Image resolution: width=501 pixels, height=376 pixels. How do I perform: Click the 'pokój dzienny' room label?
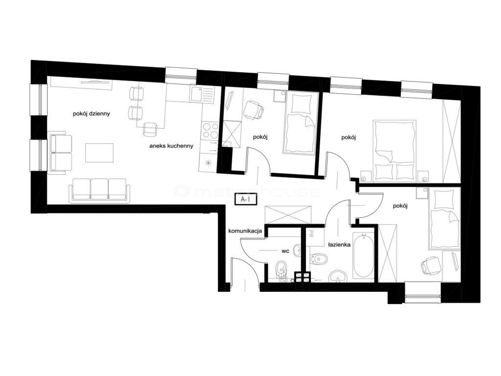[x=91, y=114]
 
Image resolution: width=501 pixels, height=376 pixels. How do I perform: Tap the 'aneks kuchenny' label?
[x=171, y=146]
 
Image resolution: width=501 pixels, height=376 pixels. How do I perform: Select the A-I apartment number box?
[x=245, y=199]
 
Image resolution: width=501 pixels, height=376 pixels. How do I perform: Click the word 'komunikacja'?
[x=245, y=231]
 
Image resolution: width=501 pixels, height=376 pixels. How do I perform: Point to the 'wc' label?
[x=285, y=251]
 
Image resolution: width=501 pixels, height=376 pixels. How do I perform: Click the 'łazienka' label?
[x=339, y=245]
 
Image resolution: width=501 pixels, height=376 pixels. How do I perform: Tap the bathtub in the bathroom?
[x=363, y=255]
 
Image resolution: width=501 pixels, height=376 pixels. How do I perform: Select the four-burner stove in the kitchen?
[x=210, y=131]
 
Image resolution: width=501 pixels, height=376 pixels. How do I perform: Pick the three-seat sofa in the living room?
[x=99, y=190]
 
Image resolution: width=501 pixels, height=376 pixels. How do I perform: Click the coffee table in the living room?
[x=99, y=153]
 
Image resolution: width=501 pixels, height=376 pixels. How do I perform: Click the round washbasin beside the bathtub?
[x=338, y=276]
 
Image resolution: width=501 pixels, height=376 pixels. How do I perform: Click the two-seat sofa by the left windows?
[x=60, y=153]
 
